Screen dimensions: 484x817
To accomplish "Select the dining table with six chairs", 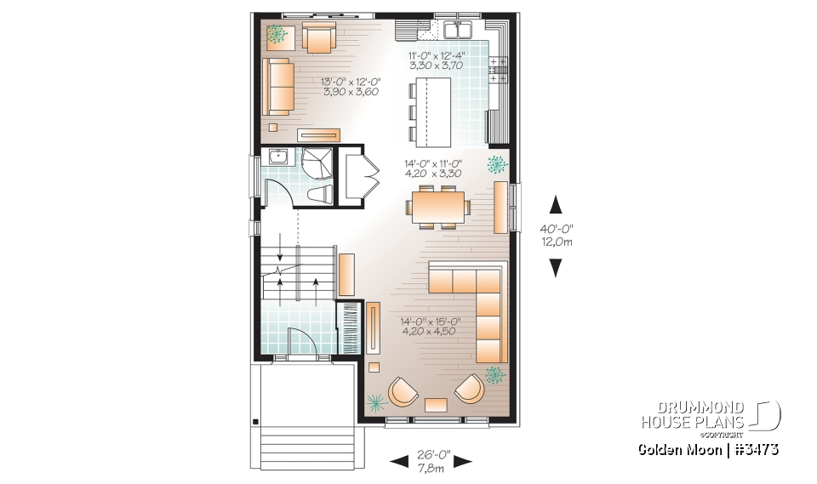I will pyautogui.click(x=439, y=207).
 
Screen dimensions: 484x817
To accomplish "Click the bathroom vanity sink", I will pyautogui.click(x=277, y=157).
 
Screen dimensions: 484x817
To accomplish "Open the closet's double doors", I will pyautogui.click(x=370, y=177).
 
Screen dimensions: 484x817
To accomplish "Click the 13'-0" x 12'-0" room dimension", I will pyautogui.click(x=350, y=88).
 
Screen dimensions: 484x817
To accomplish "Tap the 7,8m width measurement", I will pyautogui.click(x=430, y=470).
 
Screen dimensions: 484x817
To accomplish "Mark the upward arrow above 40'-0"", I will pyautogui.click(x=555, y=204).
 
